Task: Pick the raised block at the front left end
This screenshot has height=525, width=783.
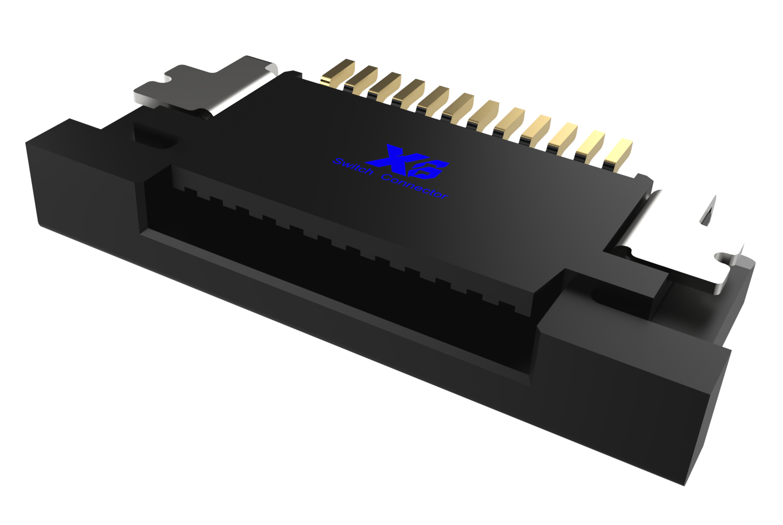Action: (83, 176)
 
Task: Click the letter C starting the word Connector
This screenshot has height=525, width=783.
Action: (387, 177)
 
